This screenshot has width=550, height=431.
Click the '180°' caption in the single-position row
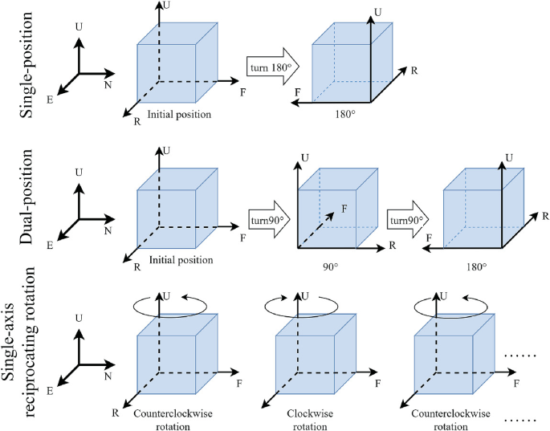tap(344, 115)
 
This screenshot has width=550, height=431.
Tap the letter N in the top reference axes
tap(107, 83)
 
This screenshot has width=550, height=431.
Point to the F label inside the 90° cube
tap(344, 207)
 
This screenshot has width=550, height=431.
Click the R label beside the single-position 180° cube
tap(414, 71)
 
